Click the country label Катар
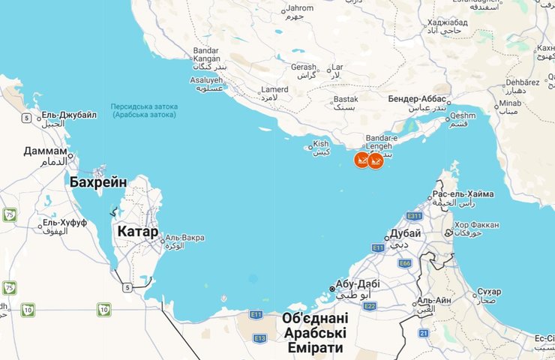pyautogui.click(x=137, y=232)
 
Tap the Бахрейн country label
pyautogui.click(x=97, y=181)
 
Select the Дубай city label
pyautogui.click(x=405, y=234)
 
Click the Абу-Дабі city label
pyautogui.click(x=358, y=283)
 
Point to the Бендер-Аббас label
pyautogui.click(x=418, y=98)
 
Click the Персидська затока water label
pyautogui.click(x=143, y=106)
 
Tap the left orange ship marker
pyautogui.click(x=361, y=160)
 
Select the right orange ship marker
pyautogui.click(x=376, y=160)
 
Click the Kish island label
pyautogui.click(x=321, y=143)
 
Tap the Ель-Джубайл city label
pyautogui.click(x=69, y=115)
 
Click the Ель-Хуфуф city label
pyautogui.click(x=64, y=223)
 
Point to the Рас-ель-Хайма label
pyautogui.click(x=463, y=194)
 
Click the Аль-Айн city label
pyautogui.click(x=435, y=300)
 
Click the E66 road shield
pyautogui.click(x=405, y=263)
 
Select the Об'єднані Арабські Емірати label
pyautogui.click(x=315, y=333)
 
